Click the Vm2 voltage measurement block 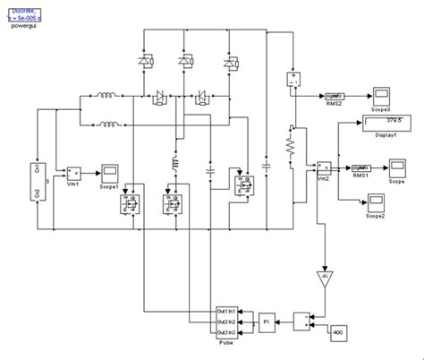326,167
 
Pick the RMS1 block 361,167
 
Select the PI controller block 266,320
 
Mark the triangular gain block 321,281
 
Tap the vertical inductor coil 168,164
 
